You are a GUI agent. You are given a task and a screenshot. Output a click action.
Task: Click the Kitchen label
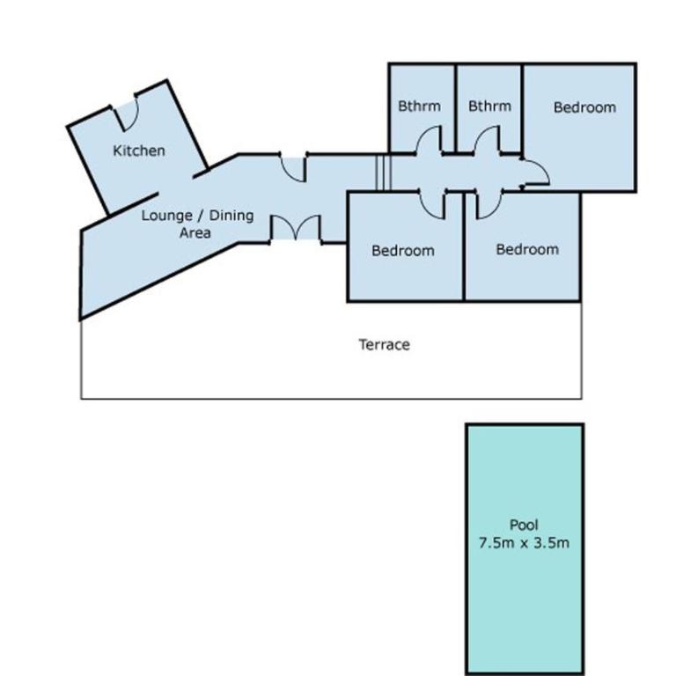[x=139, y=151]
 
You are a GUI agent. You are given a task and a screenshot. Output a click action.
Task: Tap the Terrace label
[x=384, y=344]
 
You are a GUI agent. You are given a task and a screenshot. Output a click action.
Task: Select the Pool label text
[x=524, y=525]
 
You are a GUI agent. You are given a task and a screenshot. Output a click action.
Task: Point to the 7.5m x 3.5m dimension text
[x=524, y=543]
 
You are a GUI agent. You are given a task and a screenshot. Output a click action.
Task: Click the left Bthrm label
[x=419, y=106]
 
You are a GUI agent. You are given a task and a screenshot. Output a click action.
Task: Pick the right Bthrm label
[x=489, y=106]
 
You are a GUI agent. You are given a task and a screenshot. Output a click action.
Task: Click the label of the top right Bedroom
[x=584, y=107]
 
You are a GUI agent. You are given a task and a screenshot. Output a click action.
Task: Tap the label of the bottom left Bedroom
[x=402, y=251]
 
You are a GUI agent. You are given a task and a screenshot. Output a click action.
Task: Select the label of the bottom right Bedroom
[x=527, y=249]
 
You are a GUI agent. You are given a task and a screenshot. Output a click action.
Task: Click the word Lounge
[x=167, y=215]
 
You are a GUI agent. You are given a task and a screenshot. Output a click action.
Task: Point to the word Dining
[x=231, y=215]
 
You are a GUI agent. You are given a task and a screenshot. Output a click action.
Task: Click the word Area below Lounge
[x=195, y=232]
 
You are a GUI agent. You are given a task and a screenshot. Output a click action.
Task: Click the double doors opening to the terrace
[x=296, y=228]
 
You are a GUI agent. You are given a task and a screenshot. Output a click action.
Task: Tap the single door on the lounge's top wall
[x=294, y=168]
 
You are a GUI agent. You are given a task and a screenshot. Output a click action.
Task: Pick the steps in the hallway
[x=383, y=173]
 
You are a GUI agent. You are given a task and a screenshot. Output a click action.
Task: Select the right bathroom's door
[x=488, y=139]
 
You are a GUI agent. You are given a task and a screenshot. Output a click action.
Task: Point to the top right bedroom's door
[x=535, y=172]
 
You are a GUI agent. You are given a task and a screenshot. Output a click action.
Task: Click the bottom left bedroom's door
[x=432, y=205]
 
